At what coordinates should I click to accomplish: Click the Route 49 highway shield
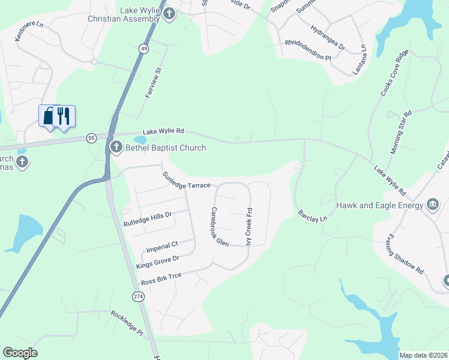(143, 49)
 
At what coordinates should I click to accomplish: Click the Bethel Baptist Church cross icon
(115, 147)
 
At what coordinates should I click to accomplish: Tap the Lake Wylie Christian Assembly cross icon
(169, 13)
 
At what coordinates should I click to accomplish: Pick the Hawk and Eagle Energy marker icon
(432, 205)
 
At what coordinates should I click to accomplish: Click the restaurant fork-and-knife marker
(64, 115)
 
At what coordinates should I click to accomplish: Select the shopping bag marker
(48, 115)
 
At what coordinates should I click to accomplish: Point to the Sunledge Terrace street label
(186, 179)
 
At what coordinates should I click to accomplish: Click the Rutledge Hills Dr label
(148, 218)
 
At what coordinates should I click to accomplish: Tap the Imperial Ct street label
(163, 245)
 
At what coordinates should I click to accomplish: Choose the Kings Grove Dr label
(158, 262)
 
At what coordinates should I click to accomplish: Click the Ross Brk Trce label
(161, 279)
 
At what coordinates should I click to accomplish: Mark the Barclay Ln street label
(313, 215)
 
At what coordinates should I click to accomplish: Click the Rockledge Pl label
(127, 323)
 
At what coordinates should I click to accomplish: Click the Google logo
(20, 353)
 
